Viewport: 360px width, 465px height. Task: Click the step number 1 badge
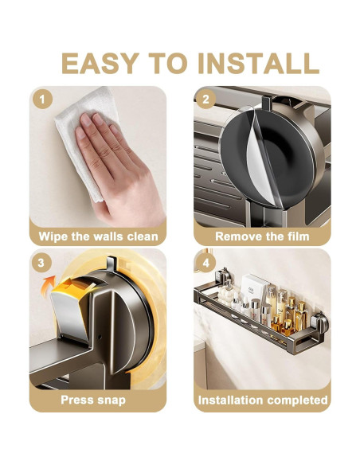point(43,99)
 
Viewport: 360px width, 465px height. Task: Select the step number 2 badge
point(205,99)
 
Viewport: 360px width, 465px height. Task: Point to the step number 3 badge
point(41,263)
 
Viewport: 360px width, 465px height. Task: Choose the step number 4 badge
point(205,263)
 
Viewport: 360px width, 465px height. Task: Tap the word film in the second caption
point(299,236)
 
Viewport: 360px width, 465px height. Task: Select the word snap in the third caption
point(112,401)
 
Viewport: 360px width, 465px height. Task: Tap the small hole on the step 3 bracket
point(100,337)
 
